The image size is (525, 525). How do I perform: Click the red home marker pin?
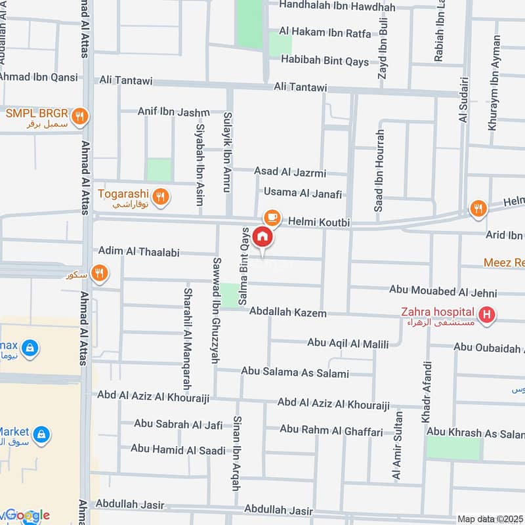coord(263,238)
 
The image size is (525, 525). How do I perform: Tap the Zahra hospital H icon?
coord(486,316)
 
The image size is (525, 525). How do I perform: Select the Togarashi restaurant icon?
coord(160,196)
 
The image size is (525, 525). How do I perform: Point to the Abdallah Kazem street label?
coord(288,314)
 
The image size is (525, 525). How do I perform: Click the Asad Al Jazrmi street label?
coord(290,173)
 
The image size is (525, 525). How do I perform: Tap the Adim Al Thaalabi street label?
coord(138,251)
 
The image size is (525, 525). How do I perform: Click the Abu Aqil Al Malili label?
coord(348,344)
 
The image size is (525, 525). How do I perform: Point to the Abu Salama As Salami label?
coord(295,372)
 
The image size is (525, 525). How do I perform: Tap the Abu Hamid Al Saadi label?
coord(178,449)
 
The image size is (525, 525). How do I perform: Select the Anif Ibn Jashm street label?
coord(173,112)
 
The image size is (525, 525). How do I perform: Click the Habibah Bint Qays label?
coord(325,59)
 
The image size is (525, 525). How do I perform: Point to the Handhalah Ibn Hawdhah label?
coord(337,7)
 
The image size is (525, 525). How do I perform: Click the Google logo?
coord(26,515)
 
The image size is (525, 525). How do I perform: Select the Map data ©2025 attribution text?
coord(489,518)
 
